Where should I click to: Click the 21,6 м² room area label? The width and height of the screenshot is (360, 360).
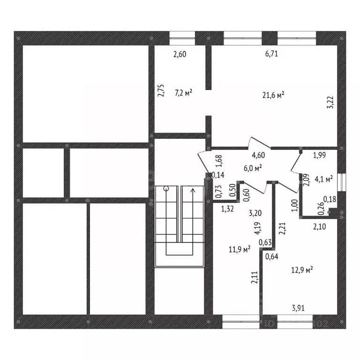pyautogui.click(x=273, y=95)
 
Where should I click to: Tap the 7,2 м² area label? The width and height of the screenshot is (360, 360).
pyautogui.click(x=183, y=93)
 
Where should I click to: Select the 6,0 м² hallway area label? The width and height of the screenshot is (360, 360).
pyautogui.click(x=253, y=168)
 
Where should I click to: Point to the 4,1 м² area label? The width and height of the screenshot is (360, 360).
pyautogui.click(x=324, y=179)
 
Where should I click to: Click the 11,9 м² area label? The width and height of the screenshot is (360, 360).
pyautogui.click(x=240, y=249)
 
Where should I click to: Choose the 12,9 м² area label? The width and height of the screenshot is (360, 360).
pyautogui.click(x=302, y=270)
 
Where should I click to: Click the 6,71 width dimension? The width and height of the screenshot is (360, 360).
pyautogui.click(x=271, y=54)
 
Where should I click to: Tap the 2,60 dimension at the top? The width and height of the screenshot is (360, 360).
pyautogui.click(x=180, y=54)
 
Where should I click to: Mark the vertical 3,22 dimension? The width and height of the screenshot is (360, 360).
pyautogui.click(x=330, y=102)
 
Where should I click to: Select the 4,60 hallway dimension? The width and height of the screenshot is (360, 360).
pyautogui.click(x=258, y=155)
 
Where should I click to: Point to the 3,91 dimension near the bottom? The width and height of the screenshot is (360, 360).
pyautogui.click(x=298, y=308)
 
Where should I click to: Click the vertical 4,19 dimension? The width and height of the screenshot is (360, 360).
pyautogui.click(x=257, y=228)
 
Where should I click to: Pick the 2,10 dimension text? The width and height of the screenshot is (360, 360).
pyautogui.click(x=319, y=227)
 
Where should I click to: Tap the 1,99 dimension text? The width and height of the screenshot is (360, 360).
pyautogui.click(x=319, y=155)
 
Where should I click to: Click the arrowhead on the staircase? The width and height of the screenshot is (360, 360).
pyautogui.click(x=192, y=190)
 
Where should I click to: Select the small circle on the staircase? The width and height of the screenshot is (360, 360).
pyautogui.click(x=166, y=189)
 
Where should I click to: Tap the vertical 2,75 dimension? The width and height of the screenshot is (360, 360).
pyautogui.click(x=161, y=90)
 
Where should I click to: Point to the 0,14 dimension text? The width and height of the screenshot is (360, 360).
pyautogui.click(x=217, y=175)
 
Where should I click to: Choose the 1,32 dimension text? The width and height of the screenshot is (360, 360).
pyautogui.click(x=227, y=209)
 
